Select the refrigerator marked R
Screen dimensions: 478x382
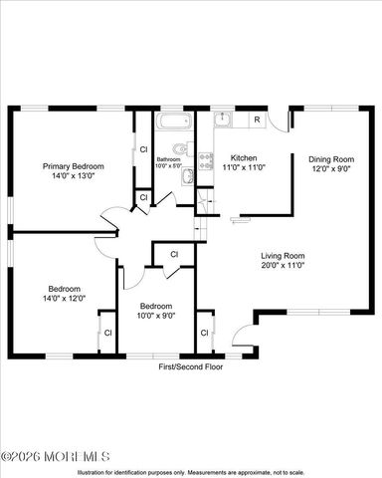[257, 120]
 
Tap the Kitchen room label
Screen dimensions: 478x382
[244, 158]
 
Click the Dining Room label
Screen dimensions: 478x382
[330, 158]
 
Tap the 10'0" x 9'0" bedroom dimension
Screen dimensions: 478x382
[157, 315]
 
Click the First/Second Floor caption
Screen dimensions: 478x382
[191, 366]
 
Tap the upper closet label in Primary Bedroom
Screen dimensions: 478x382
[143, 149]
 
